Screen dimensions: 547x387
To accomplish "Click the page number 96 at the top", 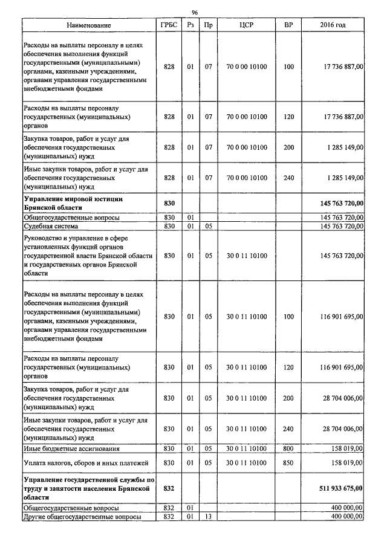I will click(194, 12).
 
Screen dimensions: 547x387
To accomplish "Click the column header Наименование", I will click(89, 25).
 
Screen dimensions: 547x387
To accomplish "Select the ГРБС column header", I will click(169, 25).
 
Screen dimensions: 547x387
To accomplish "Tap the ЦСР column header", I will click(246, 25).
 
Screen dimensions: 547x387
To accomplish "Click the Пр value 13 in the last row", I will click(208, 517).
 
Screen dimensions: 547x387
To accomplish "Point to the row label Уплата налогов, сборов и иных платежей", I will click(79, 462).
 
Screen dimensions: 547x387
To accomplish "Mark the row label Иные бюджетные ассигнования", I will click(71, 448).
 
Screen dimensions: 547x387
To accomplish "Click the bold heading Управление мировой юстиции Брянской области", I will click(73, 202).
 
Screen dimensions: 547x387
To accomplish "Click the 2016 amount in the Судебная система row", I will click(337, 226).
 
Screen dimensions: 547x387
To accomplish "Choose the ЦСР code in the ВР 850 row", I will click(246, 462).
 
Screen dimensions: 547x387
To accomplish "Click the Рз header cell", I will click(190, 25).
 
